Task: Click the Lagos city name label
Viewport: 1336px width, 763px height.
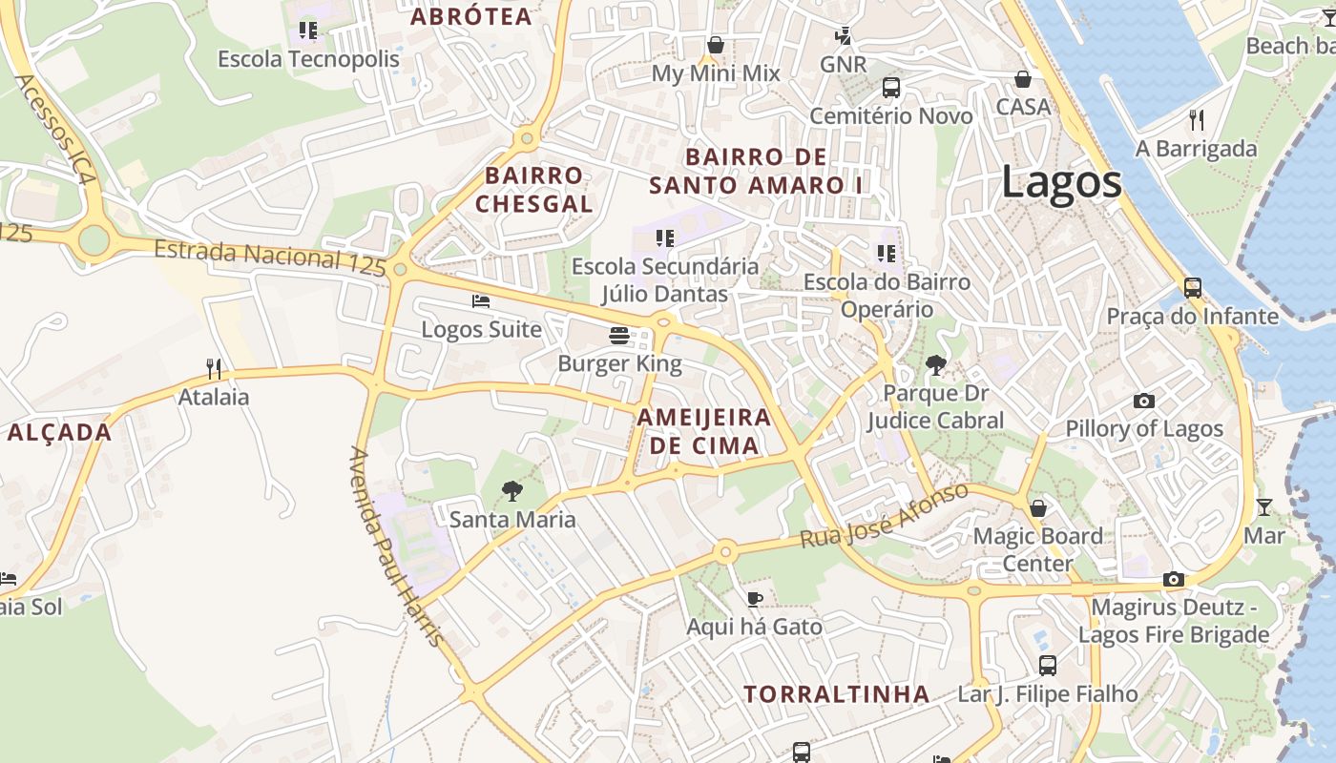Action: click(x=1061, y=182)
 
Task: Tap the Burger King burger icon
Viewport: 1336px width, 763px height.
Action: click(x=619, y=335)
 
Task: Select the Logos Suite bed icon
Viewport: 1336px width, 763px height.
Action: click(x=481, y=301)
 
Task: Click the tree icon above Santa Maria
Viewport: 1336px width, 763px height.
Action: click(x=512, y=491)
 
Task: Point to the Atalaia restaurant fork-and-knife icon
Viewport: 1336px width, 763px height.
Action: click(x=214, y=368)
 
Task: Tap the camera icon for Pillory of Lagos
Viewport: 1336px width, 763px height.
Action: click(x=1143, y=401)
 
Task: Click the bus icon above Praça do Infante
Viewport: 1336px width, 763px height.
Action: click(x=1192, y=287)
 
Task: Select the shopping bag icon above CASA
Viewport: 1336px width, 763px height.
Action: click(x=1023, y=78)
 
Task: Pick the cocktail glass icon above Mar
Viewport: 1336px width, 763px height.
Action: click(x=1264, y=506)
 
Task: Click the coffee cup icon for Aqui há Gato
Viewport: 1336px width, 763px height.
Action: click(x=754, y=599)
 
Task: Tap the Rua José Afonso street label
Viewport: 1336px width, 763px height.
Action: click(x=884, y=516)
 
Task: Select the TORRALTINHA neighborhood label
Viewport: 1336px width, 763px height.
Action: click(x=837, y=694)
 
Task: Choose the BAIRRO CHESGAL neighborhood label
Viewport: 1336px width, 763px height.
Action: click(x=533, y=189)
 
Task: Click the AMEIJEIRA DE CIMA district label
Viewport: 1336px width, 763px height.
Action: click(x=703, y=431)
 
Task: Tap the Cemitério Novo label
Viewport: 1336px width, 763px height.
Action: click(x=891, y=116)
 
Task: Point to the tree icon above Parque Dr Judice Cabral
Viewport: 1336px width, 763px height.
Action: click(x=935, y=363)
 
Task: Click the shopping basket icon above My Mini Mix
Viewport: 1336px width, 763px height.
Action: click(x=716, y=45)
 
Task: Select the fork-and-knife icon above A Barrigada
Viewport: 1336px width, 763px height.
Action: click(x=1197, y=119)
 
